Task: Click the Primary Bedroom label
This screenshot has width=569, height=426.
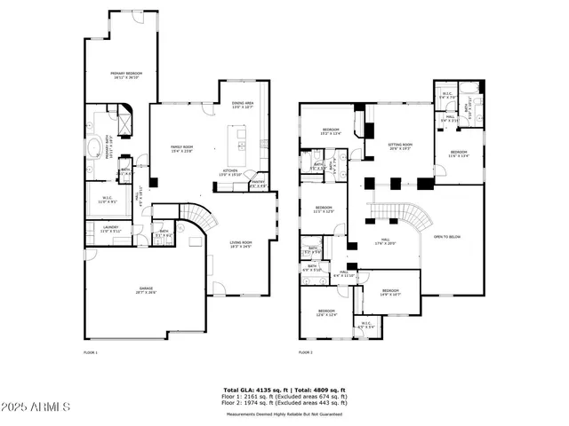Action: [127, 75]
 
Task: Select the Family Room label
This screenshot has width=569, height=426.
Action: [181, 148]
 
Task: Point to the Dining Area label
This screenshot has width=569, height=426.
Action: [243, 105]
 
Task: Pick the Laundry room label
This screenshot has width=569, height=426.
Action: [111, 228]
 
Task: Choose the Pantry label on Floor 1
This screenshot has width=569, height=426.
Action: [258, 184]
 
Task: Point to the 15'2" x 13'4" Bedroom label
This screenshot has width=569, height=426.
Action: [331, 132]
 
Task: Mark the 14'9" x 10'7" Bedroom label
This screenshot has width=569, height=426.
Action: [391, 293]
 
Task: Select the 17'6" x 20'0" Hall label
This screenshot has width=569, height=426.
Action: [386, 241]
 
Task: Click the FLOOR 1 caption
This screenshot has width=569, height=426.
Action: [90, 352]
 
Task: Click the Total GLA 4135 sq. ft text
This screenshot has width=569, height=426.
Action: [252, 390]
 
